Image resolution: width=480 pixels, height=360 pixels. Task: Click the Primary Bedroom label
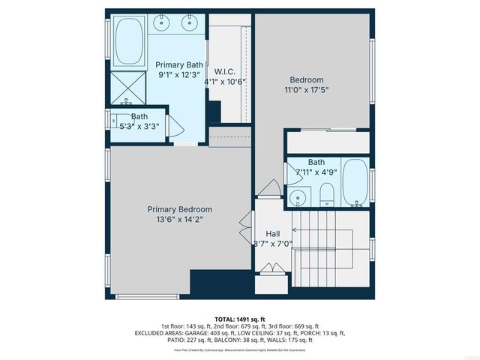[x=179, y=209]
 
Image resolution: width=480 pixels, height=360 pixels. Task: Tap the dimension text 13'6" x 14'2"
[x=179, y=220]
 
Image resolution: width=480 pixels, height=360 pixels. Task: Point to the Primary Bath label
[x=179, y=64]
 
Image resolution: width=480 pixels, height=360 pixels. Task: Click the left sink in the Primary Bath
[x=161, y=24]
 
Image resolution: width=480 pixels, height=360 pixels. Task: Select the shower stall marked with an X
[x=127, y=86]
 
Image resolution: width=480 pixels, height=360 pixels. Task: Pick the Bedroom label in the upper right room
[x=307, y=79]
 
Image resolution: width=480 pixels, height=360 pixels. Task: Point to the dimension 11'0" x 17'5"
[x=307, y=90]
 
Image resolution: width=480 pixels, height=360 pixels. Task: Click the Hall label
[x=272, y=233]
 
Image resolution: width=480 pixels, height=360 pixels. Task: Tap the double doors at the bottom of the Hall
[x=272, y=268]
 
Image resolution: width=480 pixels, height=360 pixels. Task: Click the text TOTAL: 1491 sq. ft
[x=239, y=318]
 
